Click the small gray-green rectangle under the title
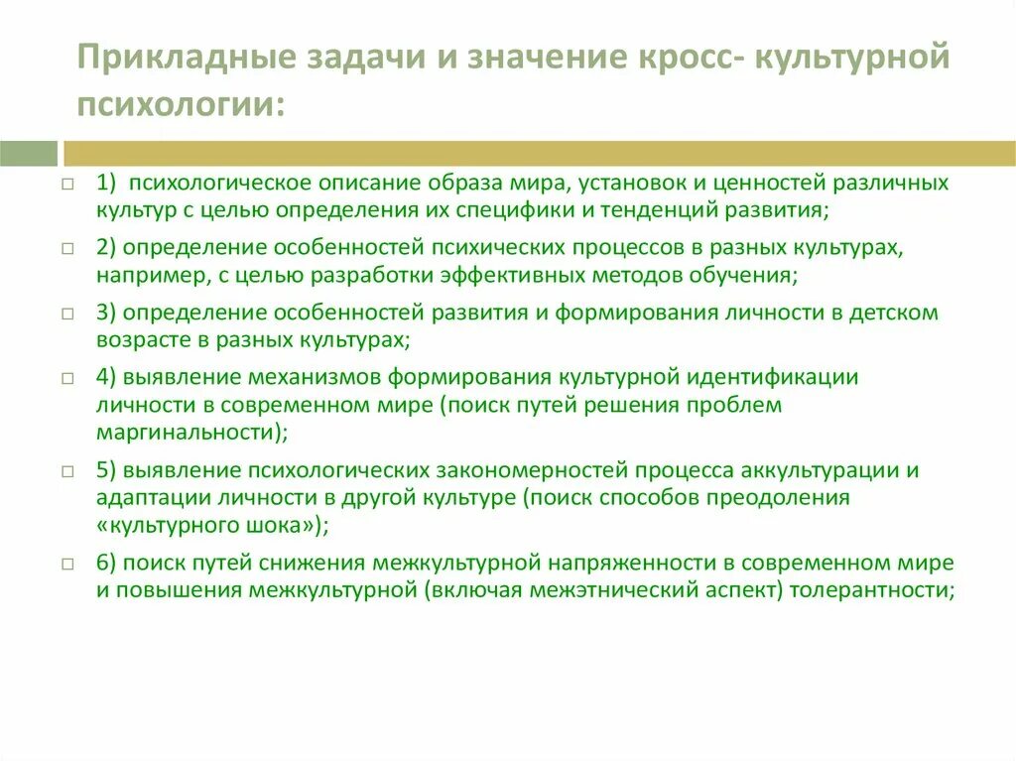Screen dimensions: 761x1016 (29, 153)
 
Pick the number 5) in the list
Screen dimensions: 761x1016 (107, 470)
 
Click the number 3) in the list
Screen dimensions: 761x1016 (107, 313)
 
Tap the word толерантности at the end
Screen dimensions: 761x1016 (878, 590)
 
